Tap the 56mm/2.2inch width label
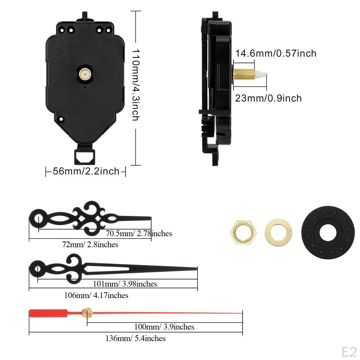click(x=86, y=172)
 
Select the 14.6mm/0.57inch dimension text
click(x=276, y=53)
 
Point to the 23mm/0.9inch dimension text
click(x=268, y=98)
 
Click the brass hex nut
click(x=243, y=232)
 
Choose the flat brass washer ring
click(x=278, y=232)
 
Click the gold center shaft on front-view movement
click(x=85, y=73)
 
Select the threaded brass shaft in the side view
click(x=243, y=74)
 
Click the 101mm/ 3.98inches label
click(x=125, y=284)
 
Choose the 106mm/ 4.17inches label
click(x=96, y=295)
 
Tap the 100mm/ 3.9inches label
click(x=164, y=327)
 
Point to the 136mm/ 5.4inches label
click(x=135, y=339)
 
